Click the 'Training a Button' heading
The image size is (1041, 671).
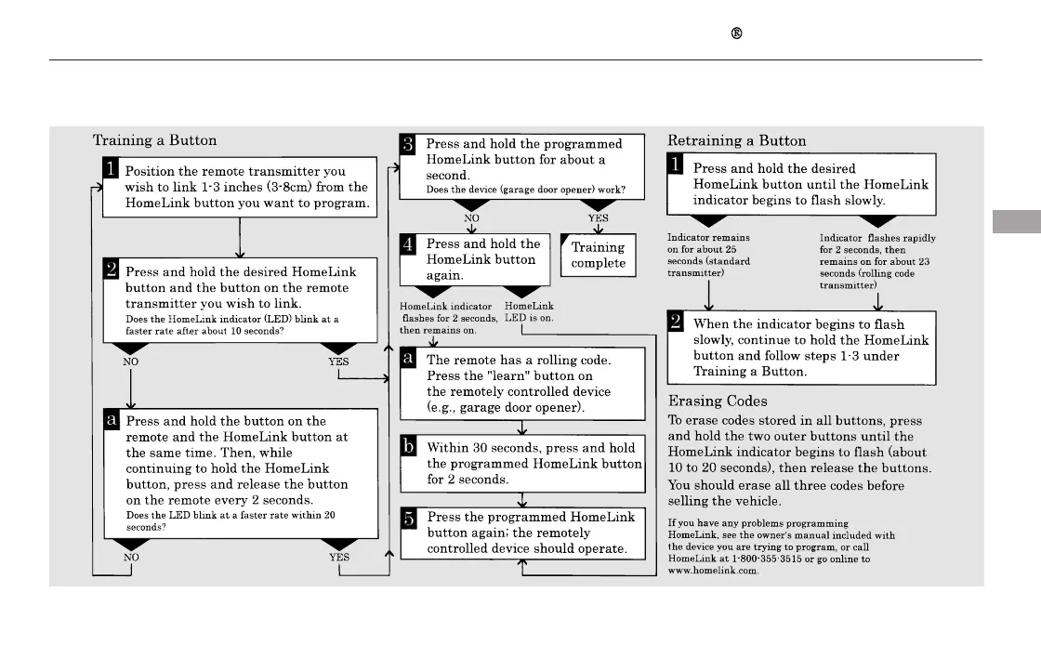[154, 140]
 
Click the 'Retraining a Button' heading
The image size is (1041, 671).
[737, 140]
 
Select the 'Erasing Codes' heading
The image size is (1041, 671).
[718, 401]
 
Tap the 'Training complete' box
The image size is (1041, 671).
[599, 255]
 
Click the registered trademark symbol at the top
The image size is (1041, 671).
[736, 33]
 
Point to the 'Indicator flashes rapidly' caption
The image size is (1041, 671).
[876, 238]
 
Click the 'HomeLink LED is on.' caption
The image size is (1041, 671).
[529, 311]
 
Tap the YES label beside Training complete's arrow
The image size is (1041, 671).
[598, 218]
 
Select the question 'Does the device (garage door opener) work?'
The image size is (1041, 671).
[525, 191]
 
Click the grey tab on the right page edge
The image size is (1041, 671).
[1016, 222]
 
